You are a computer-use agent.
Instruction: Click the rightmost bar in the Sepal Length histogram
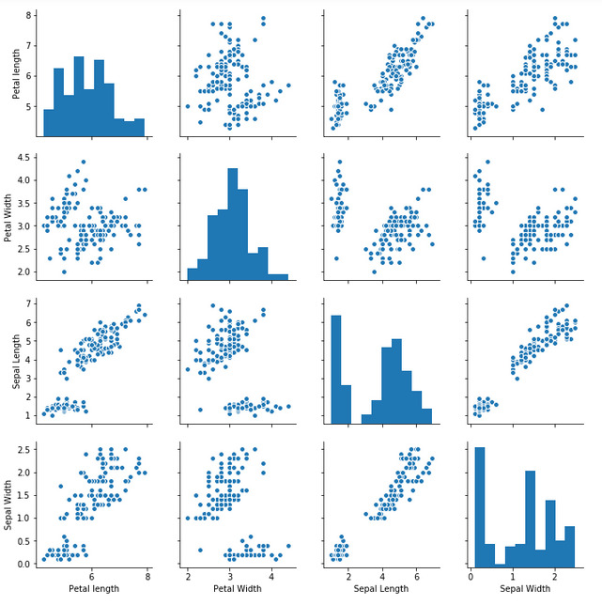coord(426,416)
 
